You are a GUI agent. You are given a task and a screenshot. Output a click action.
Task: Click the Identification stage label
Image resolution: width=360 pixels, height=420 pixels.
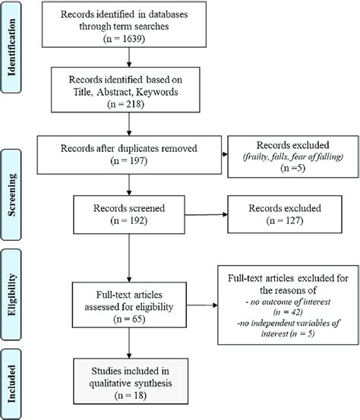point(11,47)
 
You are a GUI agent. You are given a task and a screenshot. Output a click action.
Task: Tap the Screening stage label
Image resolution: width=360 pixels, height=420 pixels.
point(11,194)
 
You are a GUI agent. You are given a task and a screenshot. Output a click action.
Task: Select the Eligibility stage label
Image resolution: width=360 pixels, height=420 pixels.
point(11,295)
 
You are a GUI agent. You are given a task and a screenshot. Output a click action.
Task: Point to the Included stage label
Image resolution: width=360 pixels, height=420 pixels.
point(11,384)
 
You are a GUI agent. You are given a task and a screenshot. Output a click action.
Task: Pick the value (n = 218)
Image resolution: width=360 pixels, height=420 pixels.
point(125,104)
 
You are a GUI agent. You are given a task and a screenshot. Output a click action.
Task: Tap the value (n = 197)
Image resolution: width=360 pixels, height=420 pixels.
point(129,161)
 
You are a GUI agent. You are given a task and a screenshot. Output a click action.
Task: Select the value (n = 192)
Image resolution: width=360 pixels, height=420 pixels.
point(129,220)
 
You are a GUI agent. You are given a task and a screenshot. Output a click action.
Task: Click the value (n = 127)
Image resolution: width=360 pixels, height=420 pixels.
point(285,220)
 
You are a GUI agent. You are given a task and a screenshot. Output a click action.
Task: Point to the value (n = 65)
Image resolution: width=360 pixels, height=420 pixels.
point(129,319)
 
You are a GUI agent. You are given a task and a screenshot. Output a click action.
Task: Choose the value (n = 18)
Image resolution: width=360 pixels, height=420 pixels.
point(131,396)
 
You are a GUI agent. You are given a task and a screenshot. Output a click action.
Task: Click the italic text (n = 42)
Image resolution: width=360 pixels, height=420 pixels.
point(288,312)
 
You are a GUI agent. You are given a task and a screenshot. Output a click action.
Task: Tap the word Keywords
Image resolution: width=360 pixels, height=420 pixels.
point(157,92)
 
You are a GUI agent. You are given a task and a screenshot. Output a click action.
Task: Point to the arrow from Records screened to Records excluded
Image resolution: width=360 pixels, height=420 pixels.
point(206,214)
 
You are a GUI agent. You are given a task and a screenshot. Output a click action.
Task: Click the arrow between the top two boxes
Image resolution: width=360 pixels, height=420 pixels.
point(129,57)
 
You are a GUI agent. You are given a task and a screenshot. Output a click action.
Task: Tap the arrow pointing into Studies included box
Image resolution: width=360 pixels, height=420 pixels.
point(129,343)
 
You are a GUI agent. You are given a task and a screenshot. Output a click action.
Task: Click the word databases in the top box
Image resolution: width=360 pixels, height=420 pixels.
point(168,14)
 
